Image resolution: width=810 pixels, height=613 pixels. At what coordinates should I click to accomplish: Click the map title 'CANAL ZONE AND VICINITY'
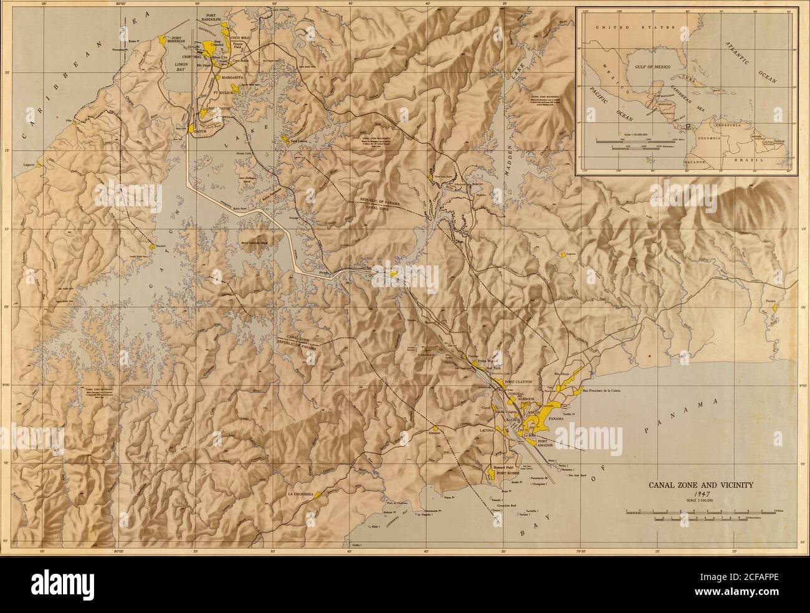[702, 483]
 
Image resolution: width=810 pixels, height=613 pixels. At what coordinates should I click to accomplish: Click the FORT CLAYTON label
[521, 381]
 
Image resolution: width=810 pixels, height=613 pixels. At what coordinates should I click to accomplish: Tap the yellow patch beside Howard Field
[492, 475]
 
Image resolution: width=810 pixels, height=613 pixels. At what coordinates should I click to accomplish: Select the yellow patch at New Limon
[287, 140]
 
